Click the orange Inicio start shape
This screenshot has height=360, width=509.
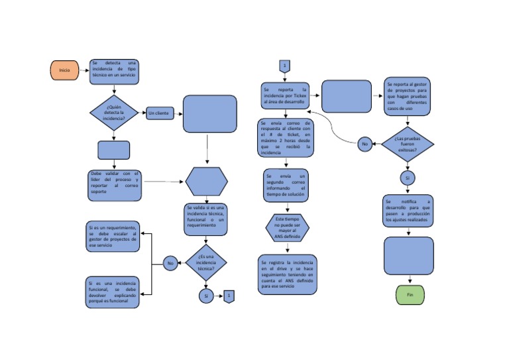coord(64,70)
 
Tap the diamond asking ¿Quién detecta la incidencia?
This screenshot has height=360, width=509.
coord(114,113)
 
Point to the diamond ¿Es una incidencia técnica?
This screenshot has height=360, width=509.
coord(206,263)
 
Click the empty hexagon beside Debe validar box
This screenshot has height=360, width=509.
coord(206,181)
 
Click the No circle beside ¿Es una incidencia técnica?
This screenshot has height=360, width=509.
coord(170,263)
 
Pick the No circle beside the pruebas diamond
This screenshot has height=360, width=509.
coord(365,143)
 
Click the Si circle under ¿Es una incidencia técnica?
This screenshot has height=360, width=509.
coord(206,296)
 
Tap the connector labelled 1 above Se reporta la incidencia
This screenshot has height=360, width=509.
coord(284,66)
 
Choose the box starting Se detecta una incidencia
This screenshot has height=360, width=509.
coord(114,70)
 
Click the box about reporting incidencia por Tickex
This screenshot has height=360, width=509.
coord(286,96)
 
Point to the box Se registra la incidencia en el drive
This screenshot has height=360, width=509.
coord(287,274)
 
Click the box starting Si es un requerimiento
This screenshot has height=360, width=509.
coord(113,237)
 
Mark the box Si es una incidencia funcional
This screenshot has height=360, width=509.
coord(113,292)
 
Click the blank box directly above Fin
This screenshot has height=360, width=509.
coord(409,256)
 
